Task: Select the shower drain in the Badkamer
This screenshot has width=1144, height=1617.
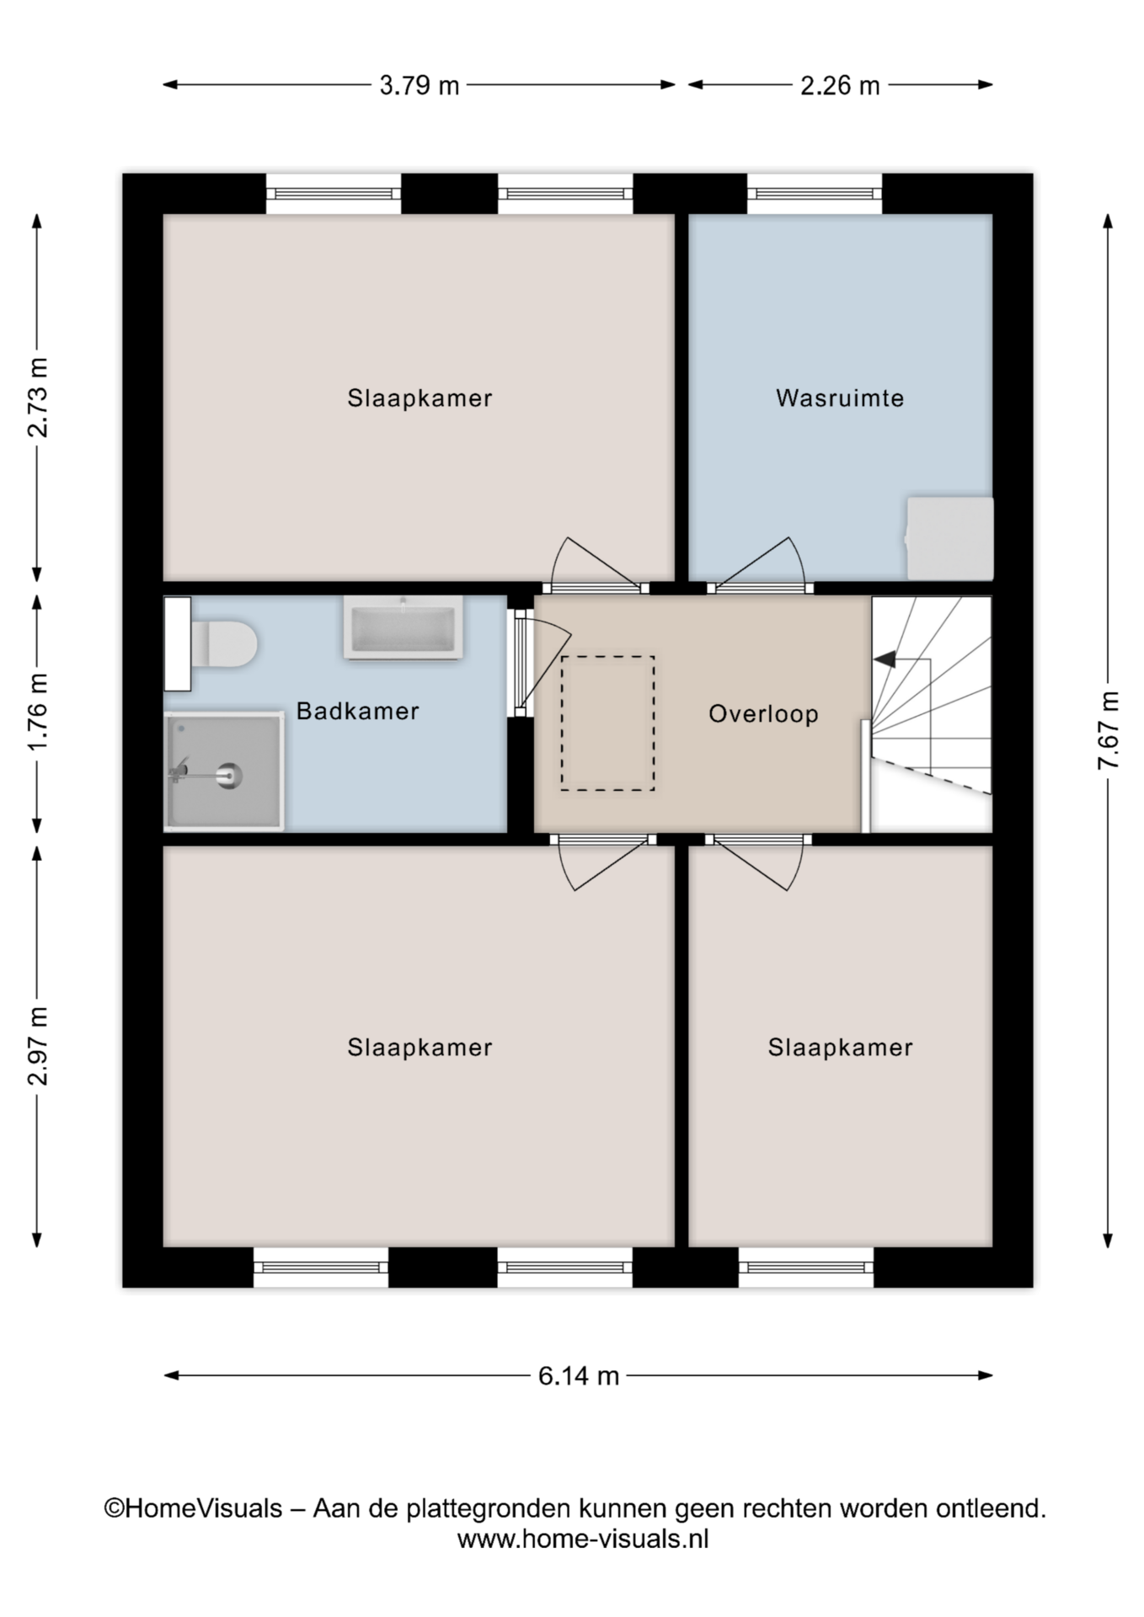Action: [228, 775]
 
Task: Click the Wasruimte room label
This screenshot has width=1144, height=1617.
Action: [840, 398]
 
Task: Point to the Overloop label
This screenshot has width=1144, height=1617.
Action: [763, 714]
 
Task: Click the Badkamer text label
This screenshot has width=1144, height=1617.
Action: [358, 711]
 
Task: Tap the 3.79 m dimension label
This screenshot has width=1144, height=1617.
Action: [419, 85]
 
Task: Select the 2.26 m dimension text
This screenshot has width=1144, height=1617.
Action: [840, 85]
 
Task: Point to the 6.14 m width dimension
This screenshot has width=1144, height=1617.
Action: [579, 1375]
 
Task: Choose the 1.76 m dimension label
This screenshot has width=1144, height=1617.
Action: [37, 712]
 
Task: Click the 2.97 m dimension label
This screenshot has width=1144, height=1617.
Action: [37, 1046]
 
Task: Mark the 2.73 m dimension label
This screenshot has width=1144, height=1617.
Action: [37, 397]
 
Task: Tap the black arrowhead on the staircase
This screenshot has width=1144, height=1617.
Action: [885, 659]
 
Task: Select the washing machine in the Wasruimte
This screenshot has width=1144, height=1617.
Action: [949, 538]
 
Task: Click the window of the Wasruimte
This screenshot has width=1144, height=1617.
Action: [815, 194]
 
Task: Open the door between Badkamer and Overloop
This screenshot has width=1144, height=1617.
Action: [521, 664]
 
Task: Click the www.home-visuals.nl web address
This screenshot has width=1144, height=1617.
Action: [583, 1539]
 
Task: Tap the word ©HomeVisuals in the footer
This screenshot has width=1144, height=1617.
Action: [193, 1508]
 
